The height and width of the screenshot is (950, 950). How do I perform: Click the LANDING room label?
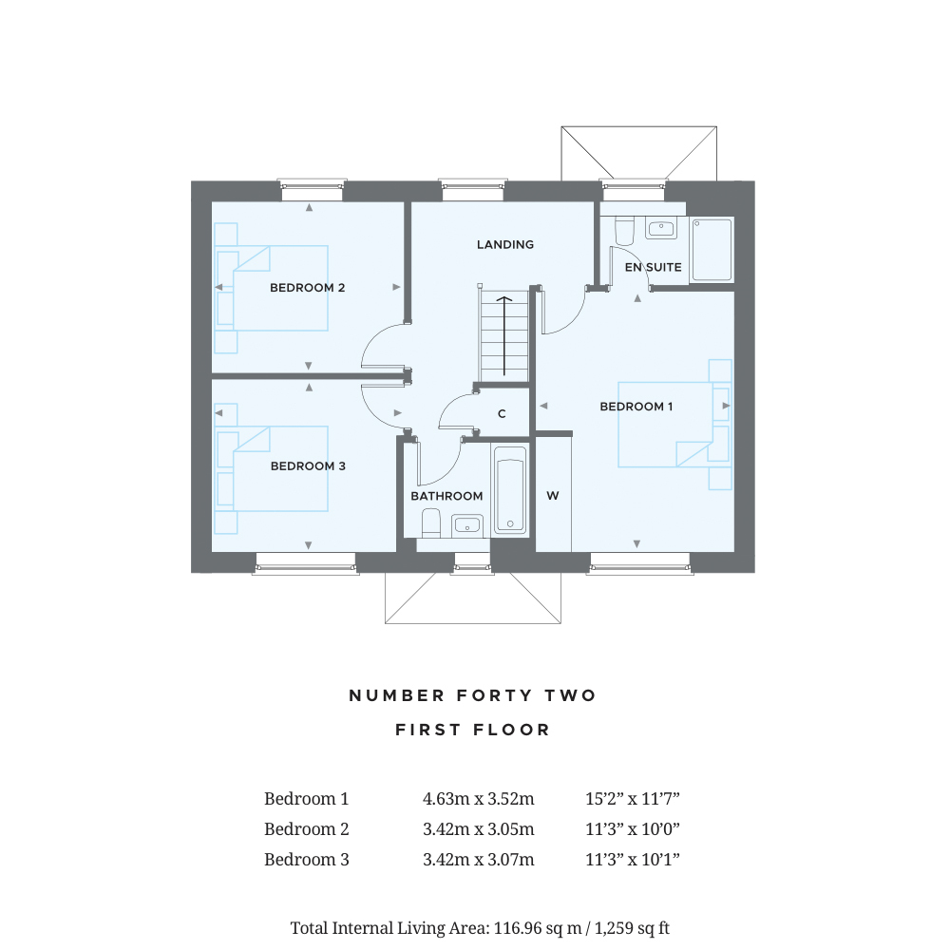505,244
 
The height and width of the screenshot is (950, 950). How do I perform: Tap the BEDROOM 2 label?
307,288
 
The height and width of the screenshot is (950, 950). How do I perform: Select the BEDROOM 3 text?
308,466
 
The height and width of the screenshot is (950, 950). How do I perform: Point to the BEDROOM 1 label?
636,407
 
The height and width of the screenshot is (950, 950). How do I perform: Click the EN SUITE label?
653,268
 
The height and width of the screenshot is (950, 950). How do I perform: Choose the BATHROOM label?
446,496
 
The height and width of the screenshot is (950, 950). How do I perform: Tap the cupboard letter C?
502,414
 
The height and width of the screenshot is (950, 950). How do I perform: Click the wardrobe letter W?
553,496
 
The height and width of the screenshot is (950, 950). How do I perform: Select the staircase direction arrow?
503,332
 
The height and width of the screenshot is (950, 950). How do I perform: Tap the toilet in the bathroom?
429,522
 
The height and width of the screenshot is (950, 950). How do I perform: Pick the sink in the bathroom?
467,523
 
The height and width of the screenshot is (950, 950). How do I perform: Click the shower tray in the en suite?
712,250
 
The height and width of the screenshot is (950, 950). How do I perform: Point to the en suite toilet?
624,231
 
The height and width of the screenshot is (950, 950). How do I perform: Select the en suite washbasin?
660,228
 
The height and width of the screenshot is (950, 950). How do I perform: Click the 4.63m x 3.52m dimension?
478,799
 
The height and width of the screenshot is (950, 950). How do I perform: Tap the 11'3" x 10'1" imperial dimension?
633,860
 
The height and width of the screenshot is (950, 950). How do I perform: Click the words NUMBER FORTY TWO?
473,695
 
